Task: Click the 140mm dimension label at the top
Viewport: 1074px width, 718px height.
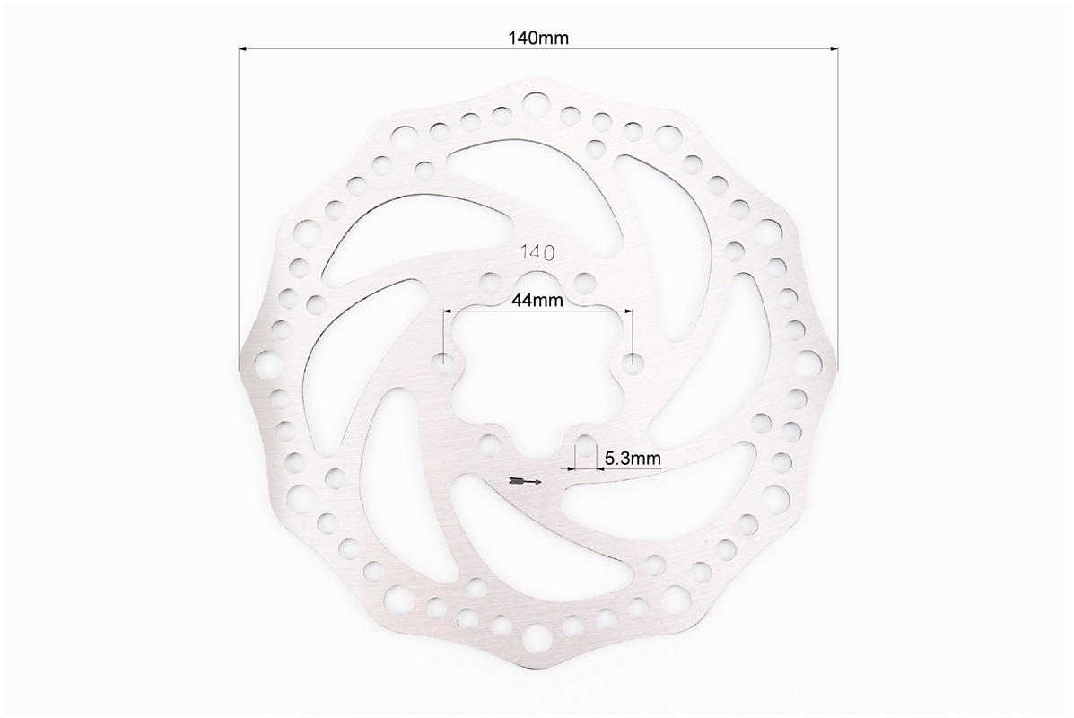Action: click(x=537, y=38)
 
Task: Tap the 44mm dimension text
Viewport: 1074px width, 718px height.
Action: click(x=537, y=300)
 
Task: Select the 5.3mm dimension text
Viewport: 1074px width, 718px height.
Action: click(x=633, y=459)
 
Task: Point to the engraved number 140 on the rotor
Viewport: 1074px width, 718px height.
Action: click(x=537, y=253)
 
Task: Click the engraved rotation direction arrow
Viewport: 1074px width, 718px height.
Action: click(x=526, y=481)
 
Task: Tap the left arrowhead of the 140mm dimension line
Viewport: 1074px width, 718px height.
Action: click(x=242, y=48)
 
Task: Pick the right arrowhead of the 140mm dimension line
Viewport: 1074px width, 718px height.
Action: click(x=834, y=48)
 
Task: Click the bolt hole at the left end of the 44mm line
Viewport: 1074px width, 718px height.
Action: click(x=444, y=360)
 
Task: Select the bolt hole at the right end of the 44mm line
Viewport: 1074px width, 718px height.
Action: click(x=632, y=360)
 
